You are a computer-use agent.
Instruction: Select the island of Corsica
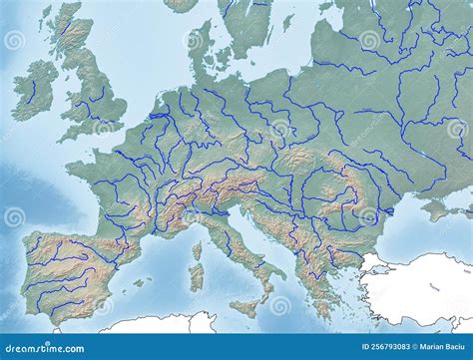click(x=197, y=250)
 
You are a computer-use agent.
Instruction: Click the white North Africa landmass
click(x=150, y=324)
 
